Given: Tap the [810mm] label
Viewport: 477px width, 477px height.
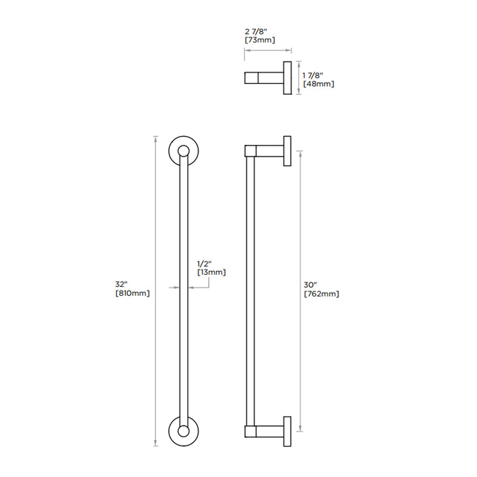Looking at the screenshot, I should click(132, 293).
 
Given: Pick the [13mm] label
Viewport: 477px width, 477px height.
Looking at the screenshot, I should click(212, 272).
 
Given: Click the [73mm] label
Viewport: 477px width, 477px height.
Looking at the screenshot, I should click(259, 40).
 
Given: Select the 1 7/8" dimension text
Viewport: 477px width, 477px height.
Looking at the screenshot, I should click(313, 75).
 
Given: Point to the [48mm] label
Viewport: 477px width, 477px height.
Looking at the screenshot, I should click(318, 84).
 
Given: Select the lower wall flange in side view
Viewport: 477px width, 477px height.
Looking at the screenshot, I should click(287, 430).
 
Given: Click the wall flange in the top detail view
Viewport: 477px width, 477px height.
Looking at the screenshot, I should click(287, 78).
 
